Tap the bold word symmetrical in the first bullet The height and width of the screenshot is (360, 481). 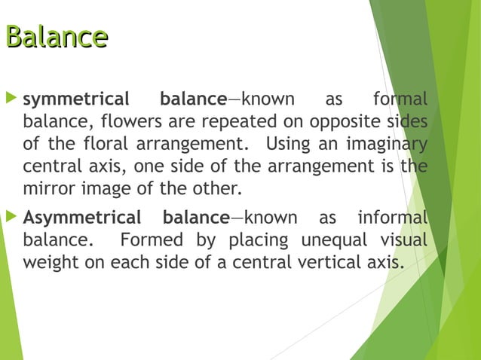(76, 99)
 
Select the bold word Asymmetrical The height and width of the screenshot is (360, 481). (81, 218)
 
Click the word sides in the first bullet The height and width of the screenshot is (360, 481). (406, 121)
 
